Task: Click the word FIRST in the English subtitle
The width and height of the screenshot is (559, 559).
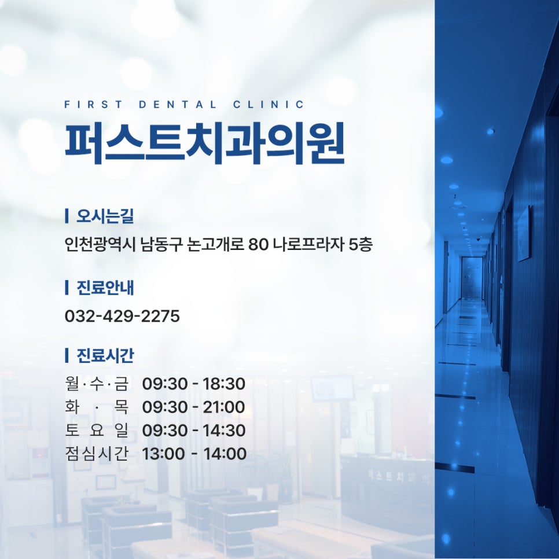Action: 93,105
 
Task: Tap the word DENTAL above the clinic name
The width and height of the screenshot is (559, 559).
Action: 178,105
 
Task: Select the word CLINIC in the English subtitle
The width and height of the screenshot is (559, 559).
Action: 269,105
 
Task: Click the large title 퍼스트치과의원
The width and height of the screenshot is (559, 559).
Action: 205,143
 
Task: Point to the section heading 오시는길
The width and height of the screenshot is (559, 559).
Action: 105,216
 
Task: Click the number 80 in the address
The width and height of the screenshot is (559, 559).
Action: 258,245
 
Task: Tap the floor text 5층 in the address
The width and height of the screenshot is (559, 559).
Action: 360,245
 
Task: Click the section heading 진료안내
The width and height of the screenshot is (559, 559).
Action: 105,288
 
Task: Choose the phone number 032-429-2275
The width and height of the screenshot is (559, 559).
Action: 122,316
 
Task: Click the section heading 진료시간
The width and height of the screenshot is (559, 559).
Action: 105,355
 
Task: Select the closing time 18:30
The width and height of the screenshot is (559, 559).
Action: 224,384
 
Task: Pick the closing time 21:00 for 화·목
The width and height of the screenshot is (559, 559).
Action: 224,407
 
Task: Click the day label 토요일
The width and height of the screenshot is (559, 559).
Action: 97,431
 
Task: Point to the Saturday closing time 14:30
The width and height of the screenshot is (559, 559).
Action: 225,431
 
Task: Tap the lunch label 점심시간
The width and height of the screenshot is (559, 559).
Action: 97,454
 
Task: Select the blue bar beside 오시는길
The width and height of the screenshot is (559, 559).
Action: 67,216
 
